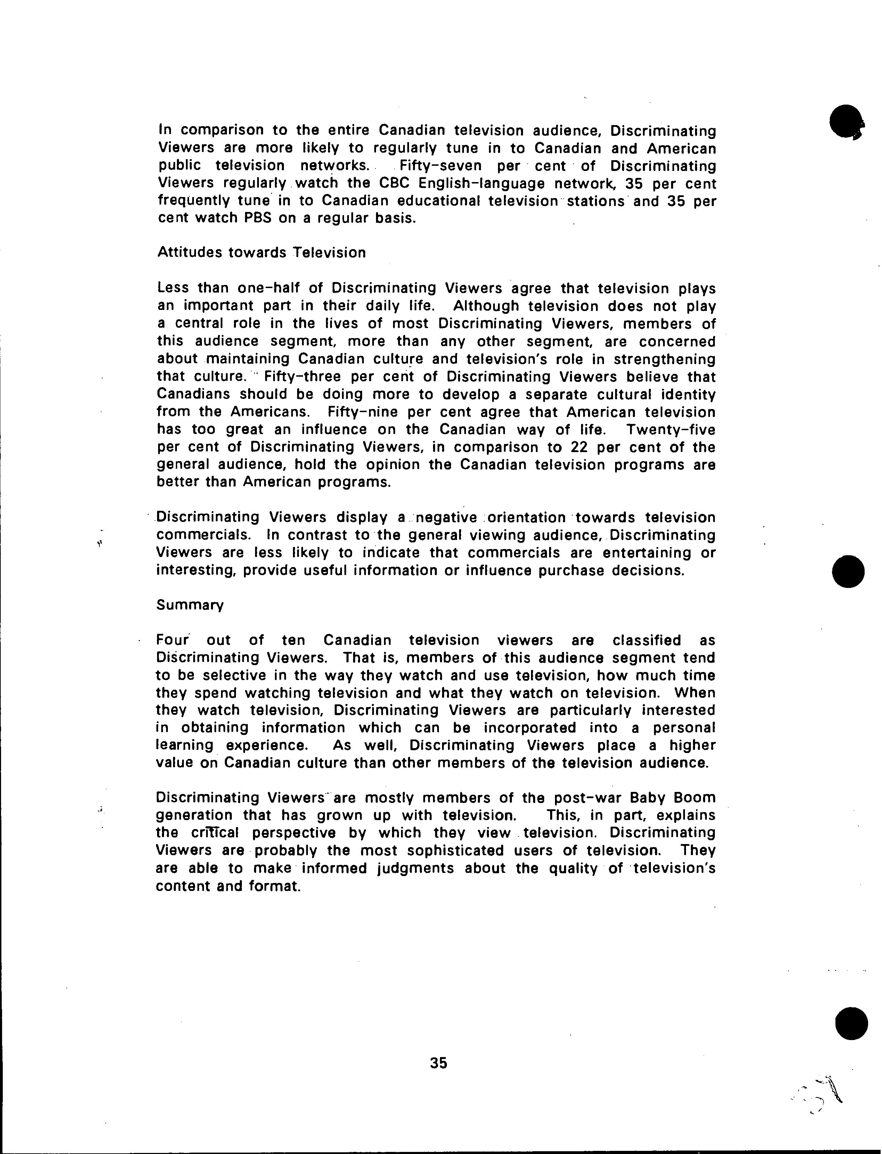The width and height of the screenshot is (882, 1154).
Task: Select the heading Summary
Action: (189, 605)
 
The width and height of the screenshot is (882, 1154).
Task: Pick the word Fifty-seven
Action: (440, 166)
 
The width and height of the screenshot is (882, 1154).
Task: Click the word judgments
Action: (416, 868)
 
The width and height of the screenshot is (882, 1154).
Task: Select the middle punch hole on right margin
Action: (848, 571)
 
